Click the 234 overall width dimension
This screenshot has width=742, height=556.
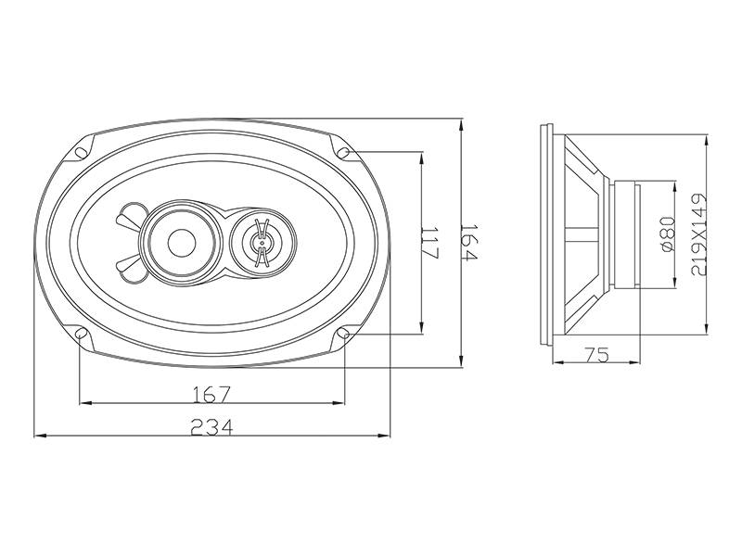pos(211,427)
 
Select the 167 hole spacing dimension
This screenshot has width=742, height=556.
pos(211,395)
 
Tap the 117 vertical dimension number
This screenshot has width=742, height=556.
pos(430,243)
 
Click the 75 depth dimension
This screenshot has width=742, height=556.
pos(596,354)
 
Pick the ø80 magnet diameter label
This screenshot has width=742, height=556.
pos(667,234)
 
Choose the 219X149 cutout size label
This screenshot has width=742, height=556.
pos(698,234)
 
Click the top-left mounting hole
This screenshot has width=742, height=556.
pos(81,153)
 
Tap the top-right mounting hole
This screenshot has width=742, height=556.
pos(343,153)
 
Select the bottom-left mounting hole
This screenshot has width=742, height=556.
pos(81,334)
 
